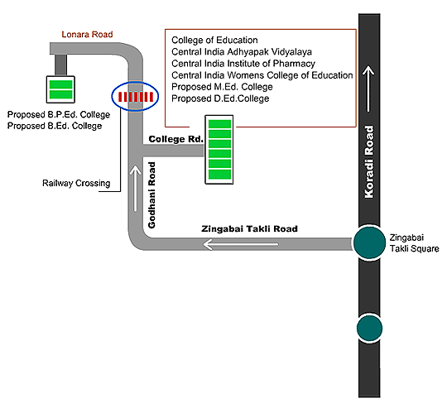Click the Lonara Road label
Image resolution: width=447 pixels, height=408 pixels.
[x=87, y=35]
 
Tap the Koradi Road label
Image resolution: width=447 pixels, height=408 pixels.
[x=369, y=162]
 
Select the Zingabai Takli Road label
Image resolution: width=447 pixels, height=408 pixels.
[x=249, y=228]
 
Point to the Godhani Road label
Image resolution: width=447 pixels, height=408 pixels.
[x=151, y=195]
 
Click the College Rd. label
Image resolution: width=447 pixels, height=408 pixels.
[x=176, y=139]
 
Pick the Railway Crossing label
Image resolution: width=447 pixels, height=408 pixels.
[x=76, y=183]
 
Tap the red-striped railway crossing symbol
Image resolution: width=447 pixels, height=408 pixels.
[x=135, y=97]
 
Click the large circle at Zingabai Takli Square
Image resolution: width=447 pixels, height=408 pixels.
[x=369, y=242]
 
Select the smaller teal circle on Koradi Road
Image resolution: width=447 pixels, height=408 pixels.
[x=369, y=329]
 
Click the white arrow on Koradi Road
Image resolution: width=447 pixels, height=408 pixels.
[x=368, y=89]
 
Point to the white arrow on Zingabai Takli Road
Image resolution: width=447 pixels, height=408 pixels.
[x=241, y=244]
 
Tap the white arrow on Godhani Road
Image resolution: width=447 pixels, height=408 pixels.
[x=136, y=189]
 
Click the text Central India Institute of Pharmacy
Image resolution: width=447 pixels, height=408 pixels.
[x=243, y=64]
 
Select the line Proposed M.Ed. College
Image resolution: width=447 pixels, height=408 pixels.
[x=222, y=87]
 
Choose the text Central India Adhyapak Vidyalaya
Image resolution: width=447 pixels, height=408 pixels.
[x=242, y=52]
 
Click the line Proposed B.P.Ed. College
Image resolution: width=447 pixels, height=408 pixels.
[x=59, y=114]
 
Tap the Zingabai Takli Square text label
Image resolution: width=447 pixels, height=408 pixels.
[x=414, y=243]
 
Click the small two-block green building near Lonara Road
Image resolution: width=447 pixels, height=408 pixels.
[x=60, y=89]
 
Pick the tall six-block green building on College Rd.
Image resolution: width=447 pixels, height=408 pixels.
[x=219, y=150]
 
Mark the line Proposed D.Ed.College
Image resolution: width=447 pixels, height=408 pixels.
[x=220, y=98]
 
